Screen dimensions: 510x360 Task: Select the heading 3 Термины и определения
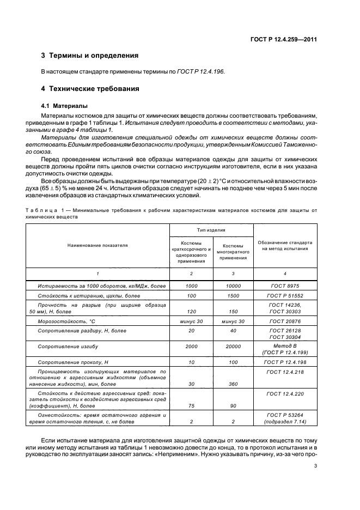[x=90, y=56]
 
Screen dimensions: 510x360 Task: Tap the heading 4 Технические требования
[x=90, y=88]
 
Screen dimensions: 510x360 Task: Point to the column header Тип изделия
[x=212, y=230]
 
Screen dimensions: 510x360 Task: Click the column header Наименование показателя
[x=97, y=245]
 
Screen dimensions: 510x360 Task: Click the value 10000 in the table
[x=233, y=286]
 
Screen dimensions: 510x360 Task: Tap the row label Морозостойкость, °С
[x=66, y=321]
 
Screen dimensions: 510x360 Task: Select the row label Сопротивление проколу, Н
[x=73, y=362]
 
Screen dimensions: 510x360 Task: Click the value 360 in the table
[x=233, y=384]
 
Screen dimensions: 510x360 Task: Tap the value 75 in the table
[x=191, y=405]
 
